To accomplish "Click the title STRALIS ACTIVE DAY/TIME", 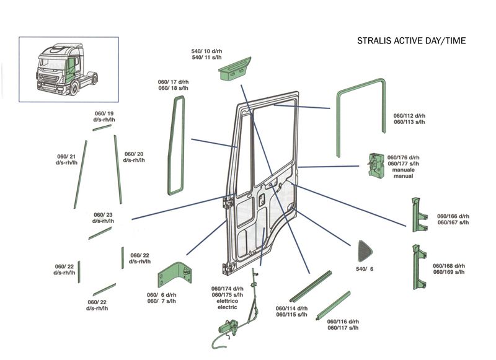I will [411, 41].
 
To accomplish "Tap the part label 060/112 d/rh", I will [410, 116].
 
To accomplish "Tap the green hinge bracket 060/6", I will [174, 273].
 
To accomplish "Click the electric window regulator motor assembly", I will [226, 326].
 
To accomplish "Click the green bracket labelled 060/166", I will [418, 214].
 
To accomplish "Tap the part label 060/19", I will [103, 113].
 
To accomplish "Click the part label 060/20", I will [134, 157].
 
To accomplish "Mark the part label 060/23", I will [104, 218].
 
